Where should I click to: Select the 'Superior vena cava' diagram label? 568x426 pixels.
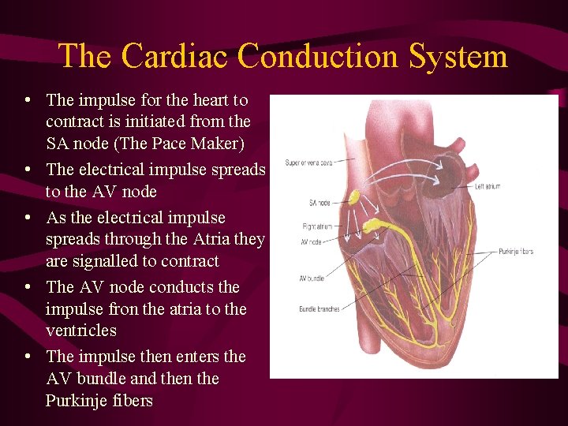(x=310, y=163)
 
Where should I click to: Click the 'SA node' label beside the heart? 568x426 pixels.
(x=319, y=203)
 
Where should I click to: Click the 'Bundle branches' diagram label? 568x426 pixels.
(x=318, y=308)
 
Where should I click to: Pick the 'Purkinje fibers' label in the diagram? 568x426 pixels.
(x=516, y=252)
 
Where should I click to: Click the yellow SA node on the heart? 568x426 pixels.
(x=355, y=197)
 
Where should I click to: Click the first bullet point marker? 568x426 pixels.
(x=28, y=100)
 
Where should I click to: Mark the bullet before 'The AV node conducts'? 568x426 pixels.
(x=28, y=287)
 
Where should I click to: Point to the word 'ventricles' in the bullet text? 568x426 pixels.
(x=80, y=331)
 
